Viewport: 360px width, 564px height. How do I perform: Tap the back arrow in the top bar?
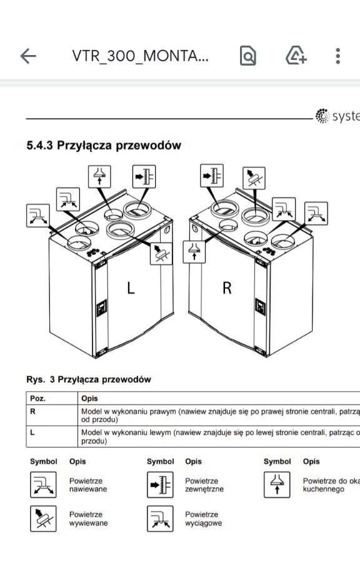coord(28,56)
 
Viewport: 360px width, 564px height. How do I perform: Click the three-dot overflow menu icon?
coord(337,56)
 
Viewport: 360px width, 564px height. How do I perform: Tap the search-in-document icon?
coord(248,56)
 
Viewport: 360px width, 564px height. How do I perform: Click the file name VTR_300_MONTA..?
coord(140,56)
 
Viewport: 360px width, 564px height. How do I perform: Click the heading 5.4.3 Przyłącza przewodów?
coord(103,146)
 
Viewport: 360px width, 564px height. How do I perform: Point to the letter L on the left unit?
coord(130,288)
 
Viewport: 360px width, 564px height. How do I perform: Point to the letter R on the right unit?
coord(227,288)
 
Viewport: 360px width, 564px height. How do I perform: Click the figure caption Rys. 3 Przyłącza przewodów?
coord(88,379)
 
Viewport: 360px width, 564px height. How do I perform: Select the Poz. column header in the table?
coord(38,398)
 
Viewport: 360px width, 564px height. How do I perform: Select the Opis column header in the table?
coord(89,398)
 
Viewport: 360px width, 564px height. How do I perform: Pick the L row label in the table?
coord(32,432)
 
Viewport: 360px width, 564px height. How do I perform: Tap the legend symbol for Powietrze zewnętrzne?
coord(160,485)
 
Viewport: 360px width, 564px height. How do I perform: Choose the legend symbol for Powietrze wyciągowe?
coord(160,518)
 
